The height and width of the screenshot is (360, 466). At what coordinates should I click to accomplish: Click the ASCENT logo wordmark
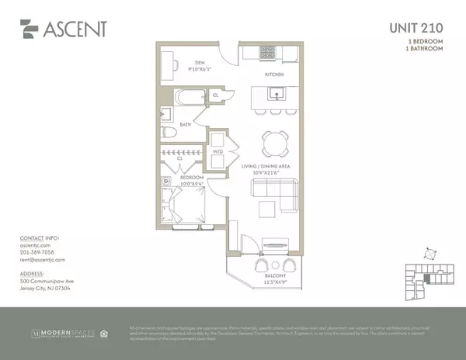[x=78, y=29]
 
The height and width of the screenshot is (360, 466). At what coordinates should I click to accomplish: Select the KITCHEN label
[x=274, y=74]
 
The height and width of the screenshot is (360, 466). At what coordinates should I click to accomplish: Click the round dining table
[x=273, y=140]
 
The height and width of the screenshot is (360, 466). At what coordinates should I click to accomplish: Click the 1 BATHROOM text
[x=426, y=48]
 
